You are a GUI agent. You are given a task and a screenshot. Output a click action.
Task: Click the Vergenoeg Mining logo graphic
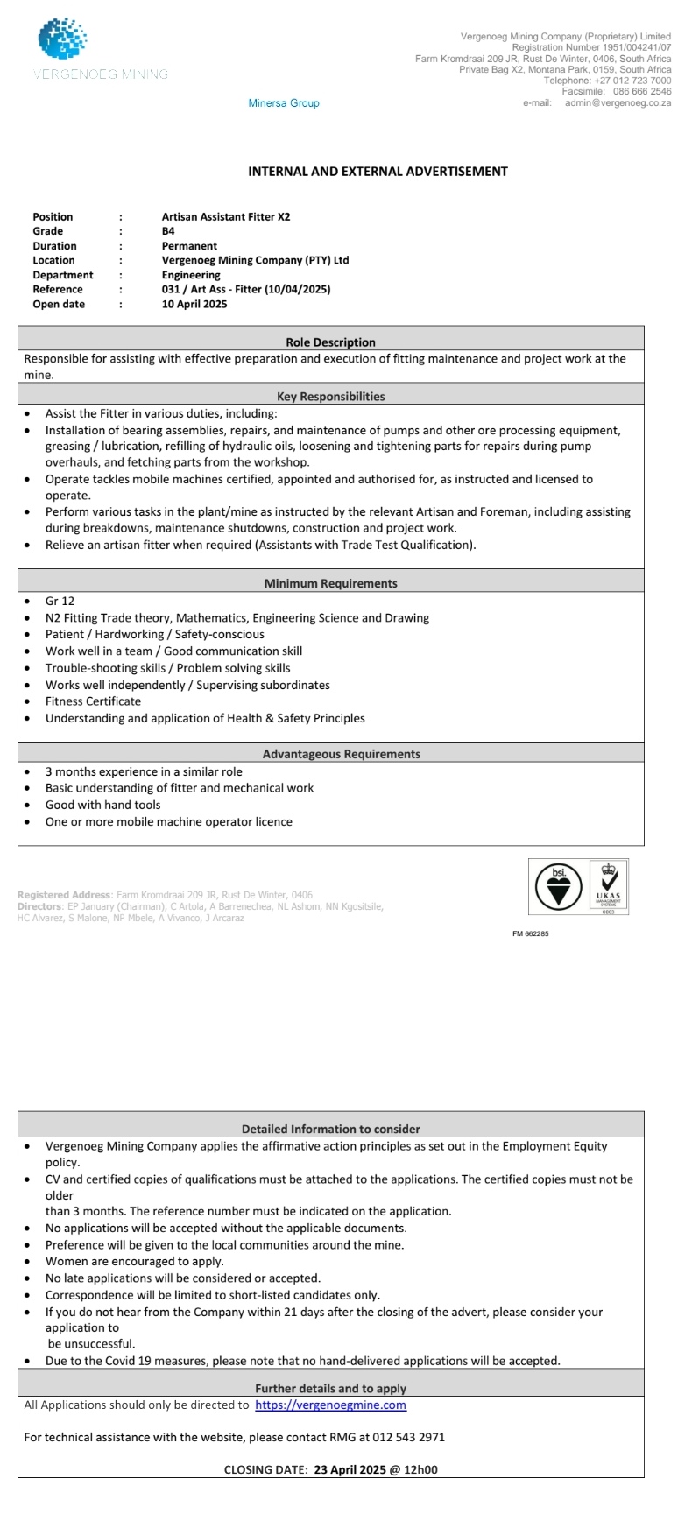(62, 40)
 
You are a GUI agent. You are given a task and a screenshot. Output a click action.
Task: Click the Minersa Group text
(284, 103)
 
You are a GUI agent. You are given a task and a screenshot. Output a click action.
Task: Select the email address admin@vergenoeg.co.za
(618, 102)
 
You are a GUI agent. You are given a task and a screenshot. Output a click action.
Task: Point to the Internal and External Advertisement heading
(378, 172)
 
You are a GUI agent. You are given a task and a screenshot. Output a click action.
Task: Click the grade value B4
(168, 231)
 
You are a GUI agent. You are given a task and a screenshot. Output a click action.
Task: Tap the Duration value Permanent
(189, 246)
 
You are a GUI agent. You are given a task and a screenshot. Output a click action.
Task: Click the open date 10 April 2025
(194, 304)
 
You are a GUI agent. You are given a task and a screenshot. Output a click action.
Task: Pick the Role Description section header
(330, 342)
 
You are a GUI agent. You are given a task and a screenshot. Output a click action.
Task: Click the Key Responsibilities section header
(330, 397)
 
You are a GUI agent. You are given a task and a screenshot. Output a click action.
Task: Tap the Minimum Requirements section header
(330, 583)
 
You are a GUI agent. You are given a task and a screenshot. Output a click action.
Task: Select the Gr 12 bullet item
(60, 601)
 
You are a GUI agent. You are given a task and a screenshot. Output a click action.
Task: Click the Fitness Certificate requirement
(93, 701)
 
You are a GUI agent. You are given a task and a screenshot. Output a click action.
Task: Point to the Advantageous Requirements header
(341, 754)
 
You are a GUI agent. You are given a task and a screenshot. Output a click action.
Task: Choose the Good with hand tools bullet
(102, 805)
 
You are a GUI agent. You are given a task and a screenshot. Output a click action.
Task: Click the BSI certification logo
(558, 888)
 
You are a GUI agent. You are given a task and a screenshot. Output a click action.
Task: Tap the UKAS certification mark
(608, 886)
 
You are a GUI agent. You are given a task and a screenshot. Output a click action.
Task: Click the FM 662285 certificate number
(531, 933)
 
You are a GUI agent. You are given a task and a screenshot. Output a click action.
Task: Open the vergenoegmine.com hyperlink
(330, 1405)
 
